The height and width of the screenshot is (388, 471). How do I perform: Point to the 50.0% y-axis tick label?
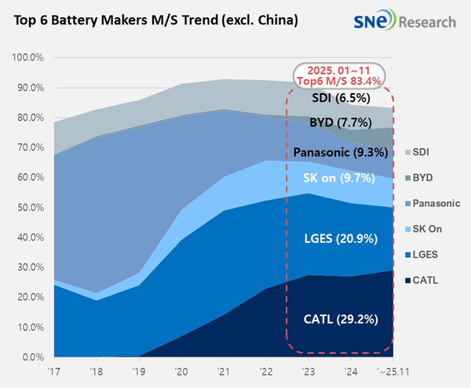point(30,208)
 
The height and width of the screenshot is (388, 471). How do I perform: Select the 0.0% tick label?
point(32,357)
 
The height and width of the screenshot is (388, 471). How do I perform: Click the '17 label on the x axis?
point(53,372)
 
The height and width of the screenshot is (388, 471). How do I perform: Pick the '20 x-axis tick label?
point(181,372)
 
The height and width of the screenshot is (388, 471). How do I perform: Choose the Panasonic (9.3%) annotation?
point(338,152)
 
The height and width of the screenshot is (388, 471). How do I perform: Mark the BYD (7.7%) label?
point(339,122)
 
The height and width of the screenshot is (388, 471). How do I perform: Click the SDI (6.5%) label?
point(339,98)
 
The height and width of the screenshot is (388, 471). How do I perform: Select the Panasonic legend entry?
point(433,203)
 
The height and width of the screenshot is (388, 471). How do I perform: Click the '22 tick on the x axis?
point(265,372)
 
